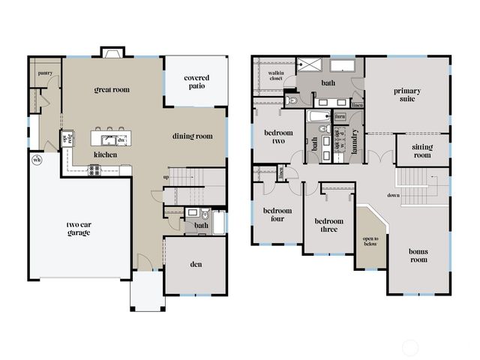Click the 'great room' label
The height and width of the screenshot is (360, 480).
(x=112, y=89)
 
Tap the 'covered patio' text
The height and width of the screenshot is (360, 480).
(x=196, y=82)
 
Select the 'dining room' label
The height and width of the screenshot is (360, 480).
(x=193, y=136)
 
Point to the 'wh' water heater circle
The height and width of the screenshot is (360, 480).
(x=36, y=159)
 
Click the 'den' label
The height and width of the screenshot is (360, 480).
(x=195, y=264)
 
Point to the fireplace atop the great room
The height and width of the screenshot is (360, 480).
(x=112, y=54)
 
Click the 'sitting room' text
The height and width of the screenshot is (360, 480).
(x=422, y=151)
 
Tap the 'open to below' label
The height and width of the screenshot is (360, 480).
(x=370, y=241)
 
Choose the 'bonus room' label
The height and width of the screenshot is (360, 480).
(x=418, y=255)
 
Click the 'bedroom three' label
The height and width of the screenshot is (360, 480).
(x=328, y=225)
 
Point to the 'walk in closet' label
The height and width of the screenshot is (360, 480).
(x=275, y=74)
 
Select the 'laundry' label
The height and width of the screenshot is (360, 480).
(x=355, y=142)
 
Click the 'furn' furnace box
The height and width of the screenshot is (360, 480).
(x=340, y=117)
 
